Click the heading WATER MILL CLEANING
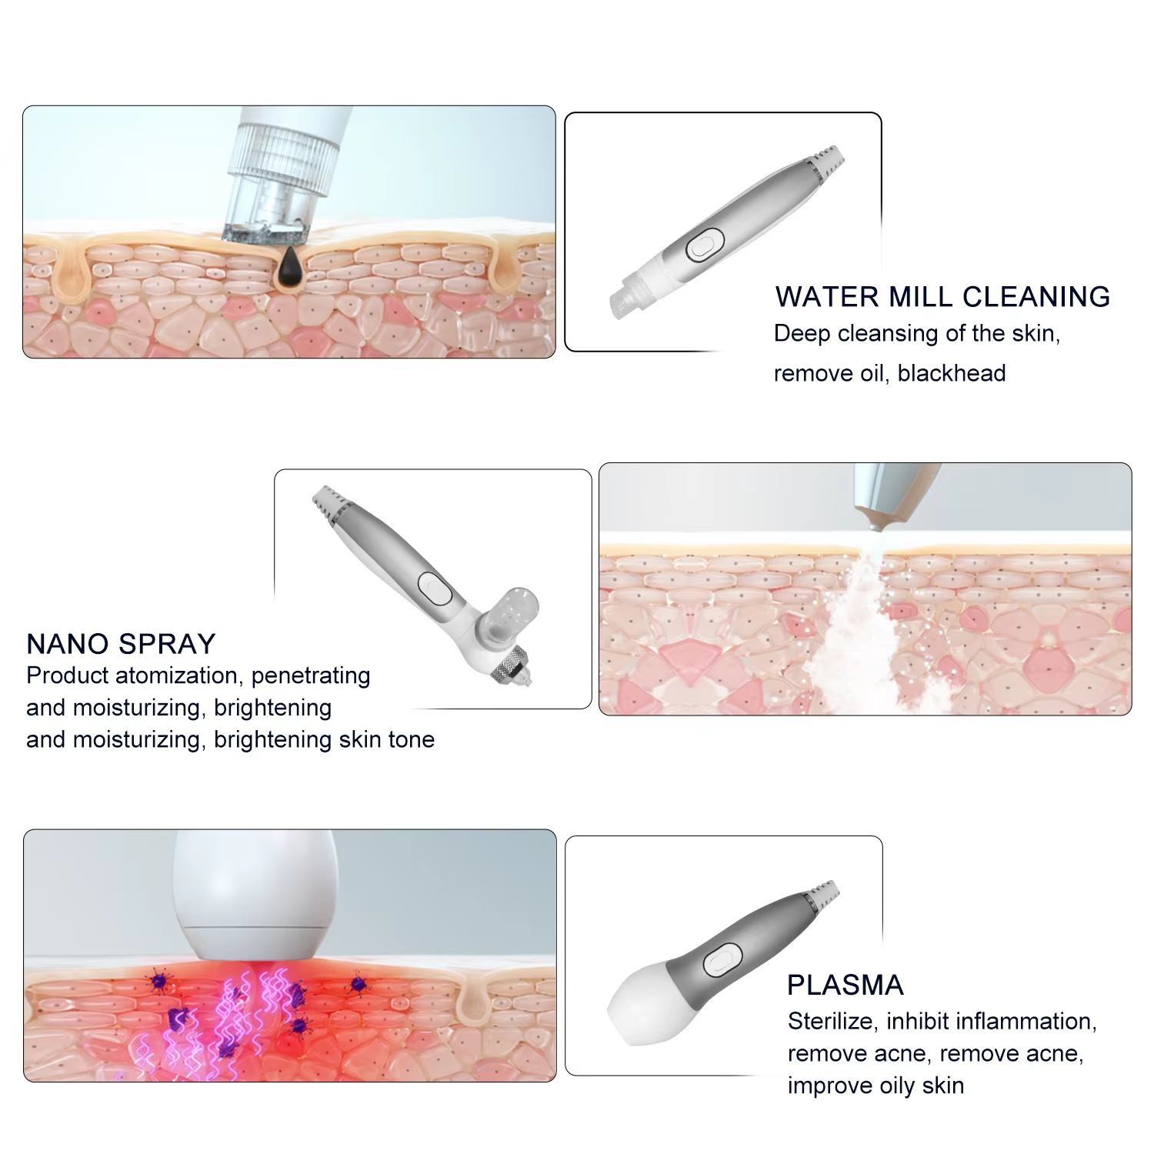(x=942, y=297)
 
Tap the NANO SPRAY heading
(x=121, y=644)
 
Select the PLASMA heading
(x=845, y=986)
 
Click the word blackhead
(x=952, y=373)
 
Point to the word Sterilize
(x=832, y=1021)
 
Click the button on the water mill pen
(x=702, y=246)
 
